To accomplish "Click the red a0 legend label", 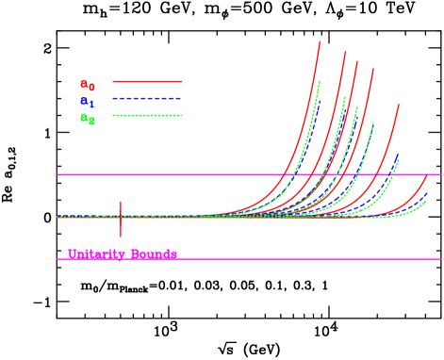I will [88, 85].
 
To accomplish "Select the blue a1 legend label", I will [88, 102].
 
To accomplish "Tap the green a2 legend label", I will [88, 119].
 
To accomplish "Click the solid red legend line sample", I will [147, 82].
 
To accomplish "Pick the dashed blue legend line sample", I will [147, 99].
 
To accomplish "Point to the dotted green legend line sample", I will [147, 116].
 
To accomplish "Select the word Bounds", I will [154, 254].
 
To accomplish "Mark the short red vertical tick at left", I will [121, 219].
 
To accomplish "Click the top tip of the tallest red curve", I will [320, 42].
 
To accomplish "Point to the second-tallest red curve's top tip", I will [346, 53].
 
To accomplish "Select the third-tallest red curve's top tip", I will [357, 62].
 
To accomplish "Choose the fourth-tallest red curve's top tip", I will [374, 69].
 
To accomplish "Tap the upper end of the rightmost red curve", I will [427, 176].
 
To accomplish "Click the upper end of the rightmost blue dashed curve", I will [427, 193].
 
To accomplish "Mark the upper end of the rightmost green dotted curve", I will [426, 201].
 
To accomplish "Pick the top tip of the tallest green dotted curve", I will [320, 82].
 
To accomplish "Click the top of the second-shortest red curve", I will [399, 104].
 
